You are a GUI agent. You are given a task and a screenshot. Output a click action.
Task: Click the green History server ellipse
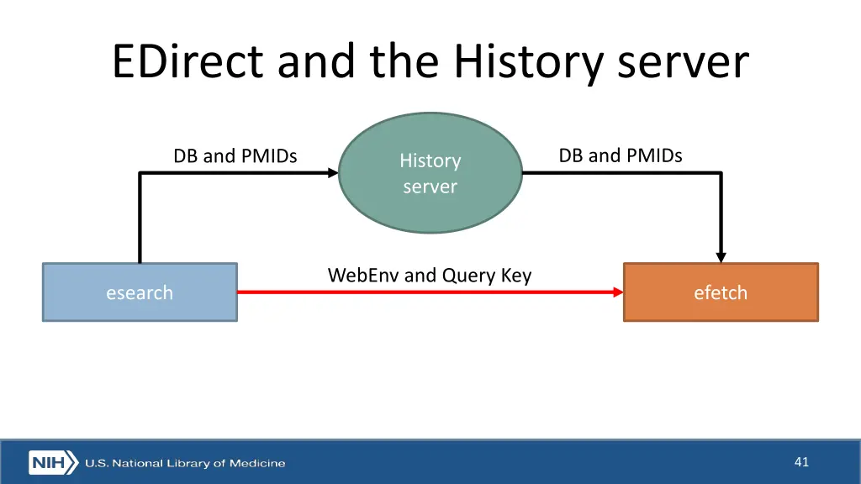430,173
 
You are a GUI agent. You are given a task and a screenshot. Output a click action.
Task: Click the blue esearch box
140,292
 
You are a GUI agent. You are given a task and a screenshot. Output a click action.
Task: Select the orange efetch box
721,292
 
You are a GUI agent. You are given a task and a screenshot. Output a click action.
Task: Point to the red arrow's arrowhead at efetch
618,292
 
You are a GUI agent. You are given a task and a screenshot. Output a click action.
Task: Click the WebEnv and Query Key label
429,275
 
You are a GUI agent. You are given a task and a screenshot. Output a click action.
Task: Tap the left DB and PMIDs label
235,155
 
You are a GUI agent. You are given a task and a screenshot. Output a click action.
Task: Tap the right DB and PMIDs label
621,155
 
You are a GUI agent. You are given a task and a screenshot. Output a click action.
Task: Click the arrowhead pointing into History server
333,173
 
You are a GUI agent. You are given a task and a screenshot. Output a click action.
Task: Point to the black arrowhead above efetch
721,256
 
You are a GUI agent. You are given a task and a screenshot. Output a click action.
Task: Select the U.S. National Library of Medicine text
184,463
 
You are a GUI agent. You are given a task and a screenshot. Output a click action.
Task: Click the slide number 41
800,461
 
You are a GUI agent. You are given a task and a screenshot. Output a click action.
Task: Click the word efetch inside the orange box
721,292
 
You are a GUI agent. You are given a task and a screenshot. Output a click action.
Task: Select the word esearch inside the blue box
140,292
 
